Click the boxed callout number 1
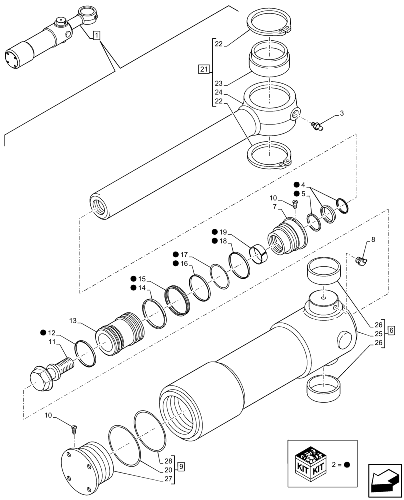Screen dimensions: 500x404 (x=96, y=35)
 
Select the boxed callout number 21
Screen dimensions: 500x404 (x=203, y=69)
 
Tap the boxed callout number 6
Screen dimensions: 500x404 (x=391, y=330)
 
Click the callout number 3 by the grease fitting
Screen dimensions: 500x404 (x=341, y=114)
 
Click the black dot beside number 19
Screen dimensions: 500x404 (x=214, y=232)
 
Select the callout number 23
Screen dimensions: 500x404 (x=218, y=83)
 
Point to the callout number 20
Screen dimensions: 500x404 (x=168, y=470)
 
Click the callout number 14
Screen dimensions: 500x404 (x=142, y=288)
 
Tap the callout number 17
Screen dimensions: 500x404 (x=184, y=254)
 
